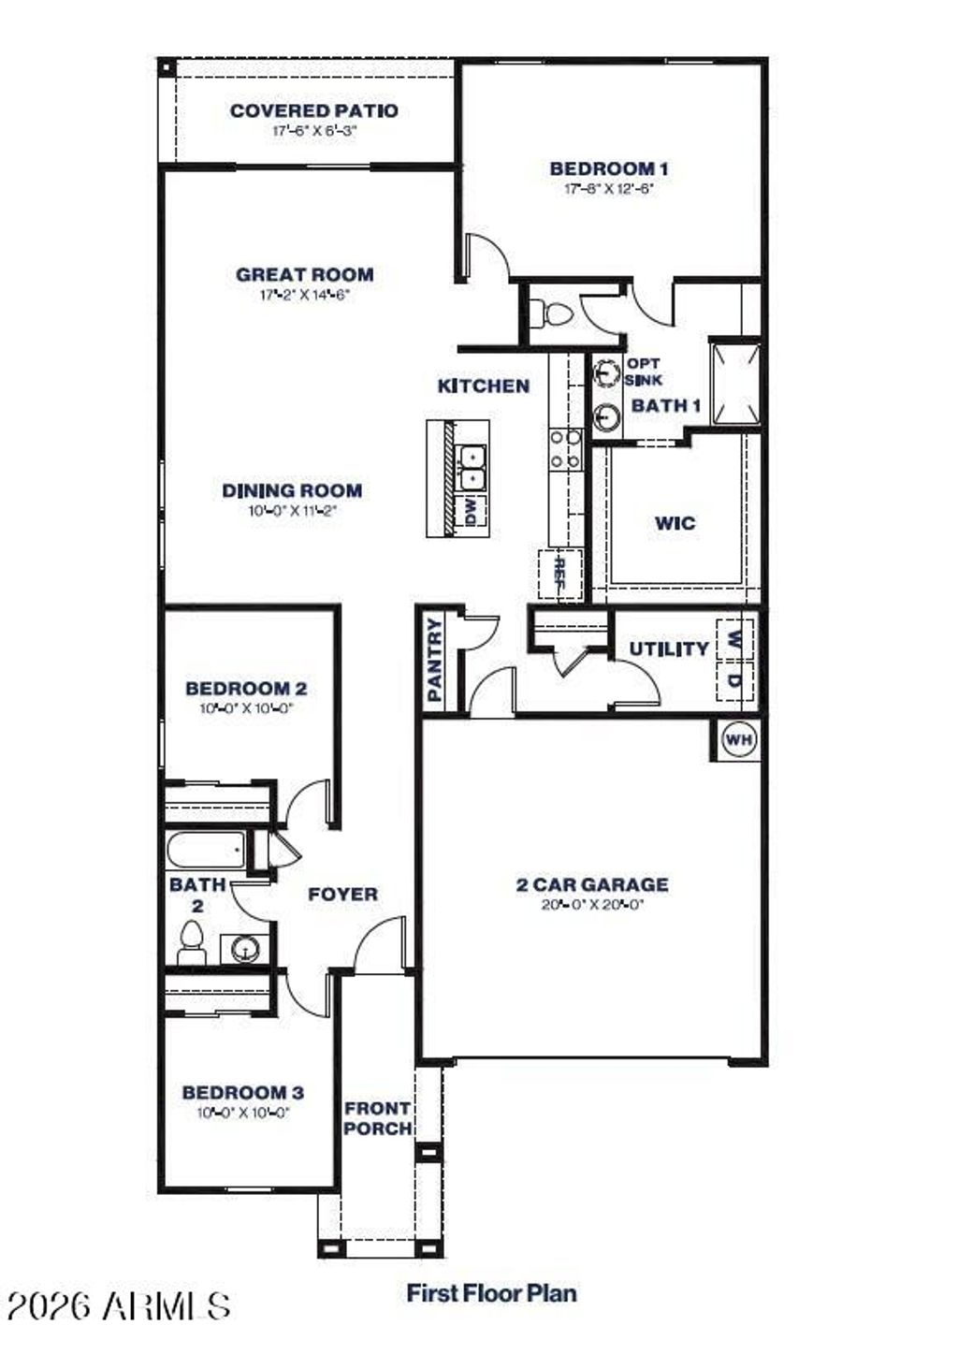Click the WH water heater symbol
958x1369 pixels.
739,740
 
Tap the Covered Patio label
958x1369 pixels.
314,110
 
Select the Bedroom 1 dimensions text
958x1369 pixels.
608,188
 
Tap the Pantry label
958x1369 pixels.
435,660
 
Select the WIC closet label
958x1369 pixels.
675,522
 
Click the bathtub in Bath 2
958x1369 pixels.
207,852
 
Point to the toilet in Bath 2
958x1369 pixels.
192,942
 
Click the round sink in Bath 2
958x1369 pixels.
246,949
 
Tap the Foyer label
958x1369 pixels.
343,895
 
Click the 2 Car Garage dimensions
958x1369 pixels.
592,905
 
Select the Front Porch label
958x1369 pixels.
377,1118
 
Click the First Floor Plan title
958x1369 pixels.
491,1293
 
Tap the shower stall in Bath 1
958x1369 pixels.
736,382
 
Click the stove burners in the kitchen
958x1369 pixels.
565,448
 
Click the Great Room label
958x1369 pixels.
305,274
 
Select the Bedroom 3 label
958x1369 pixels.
242,1092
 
